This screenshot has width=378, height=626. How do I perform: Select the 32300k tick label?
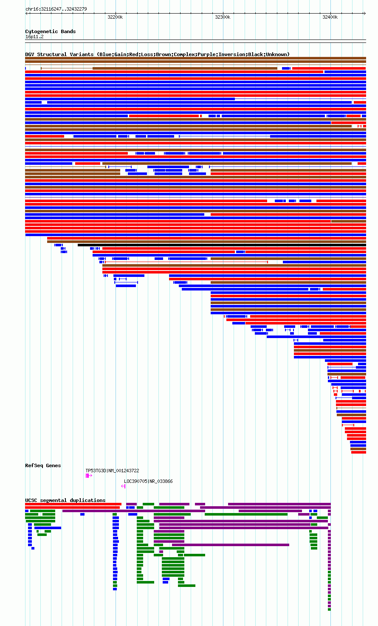click(223, 17)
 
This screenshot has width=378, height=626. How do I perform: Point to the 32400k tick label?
click(330, 17)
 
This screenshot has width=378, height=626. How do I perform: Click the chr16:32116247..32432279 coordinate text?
click(56, 9)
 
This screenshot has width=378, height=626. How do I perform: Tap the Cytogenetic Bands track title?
click(50, 31)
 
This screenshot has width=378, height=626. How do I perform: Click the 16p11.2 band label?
click(34, 37)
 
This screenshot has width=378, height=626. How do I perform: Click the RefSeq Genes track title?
click(43, 465)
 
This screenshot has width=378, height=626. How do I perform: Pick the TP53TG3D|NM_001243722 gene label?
click(112, 471)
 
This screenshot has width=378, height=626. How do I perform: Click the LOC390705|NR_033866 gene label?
click(148, 481)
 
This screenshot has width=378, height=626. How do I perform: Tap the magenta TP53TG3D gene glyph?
click(87, 476)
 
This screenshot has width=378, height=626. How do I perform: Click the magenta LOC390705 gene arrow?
click(123, 486)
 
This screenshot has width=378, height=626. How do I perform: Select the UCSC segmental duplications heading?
click(65, 500)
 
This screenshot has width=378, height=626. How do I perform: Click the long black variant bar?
click(221, 245)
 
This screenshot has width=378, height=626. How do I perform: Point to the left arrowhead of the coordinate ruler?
click(26, 14)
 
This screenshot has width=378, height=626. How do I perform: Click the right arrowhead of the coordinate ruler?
click(365, 14)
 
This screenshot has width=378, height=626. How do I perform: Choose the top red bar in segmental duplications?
click(73, 504)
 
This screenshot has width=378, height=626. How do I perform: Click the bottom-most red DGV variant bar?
click(358, 452)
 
